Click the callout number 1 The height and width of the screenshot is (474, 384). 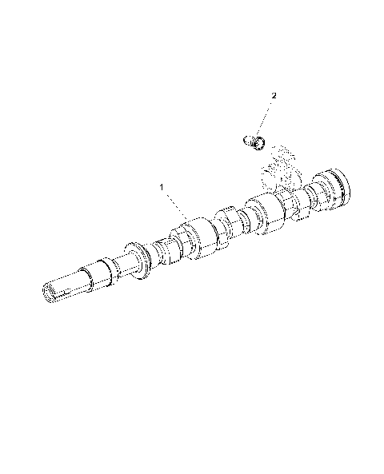[x=162, y=187]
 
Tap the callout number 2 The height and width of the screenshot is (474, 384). [x=274, y=96]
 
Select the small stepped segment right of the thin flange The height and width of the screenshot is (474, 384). [x=164, y=249]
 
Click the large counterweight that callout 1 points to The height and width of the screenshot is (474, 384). [x=197, y=239]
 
